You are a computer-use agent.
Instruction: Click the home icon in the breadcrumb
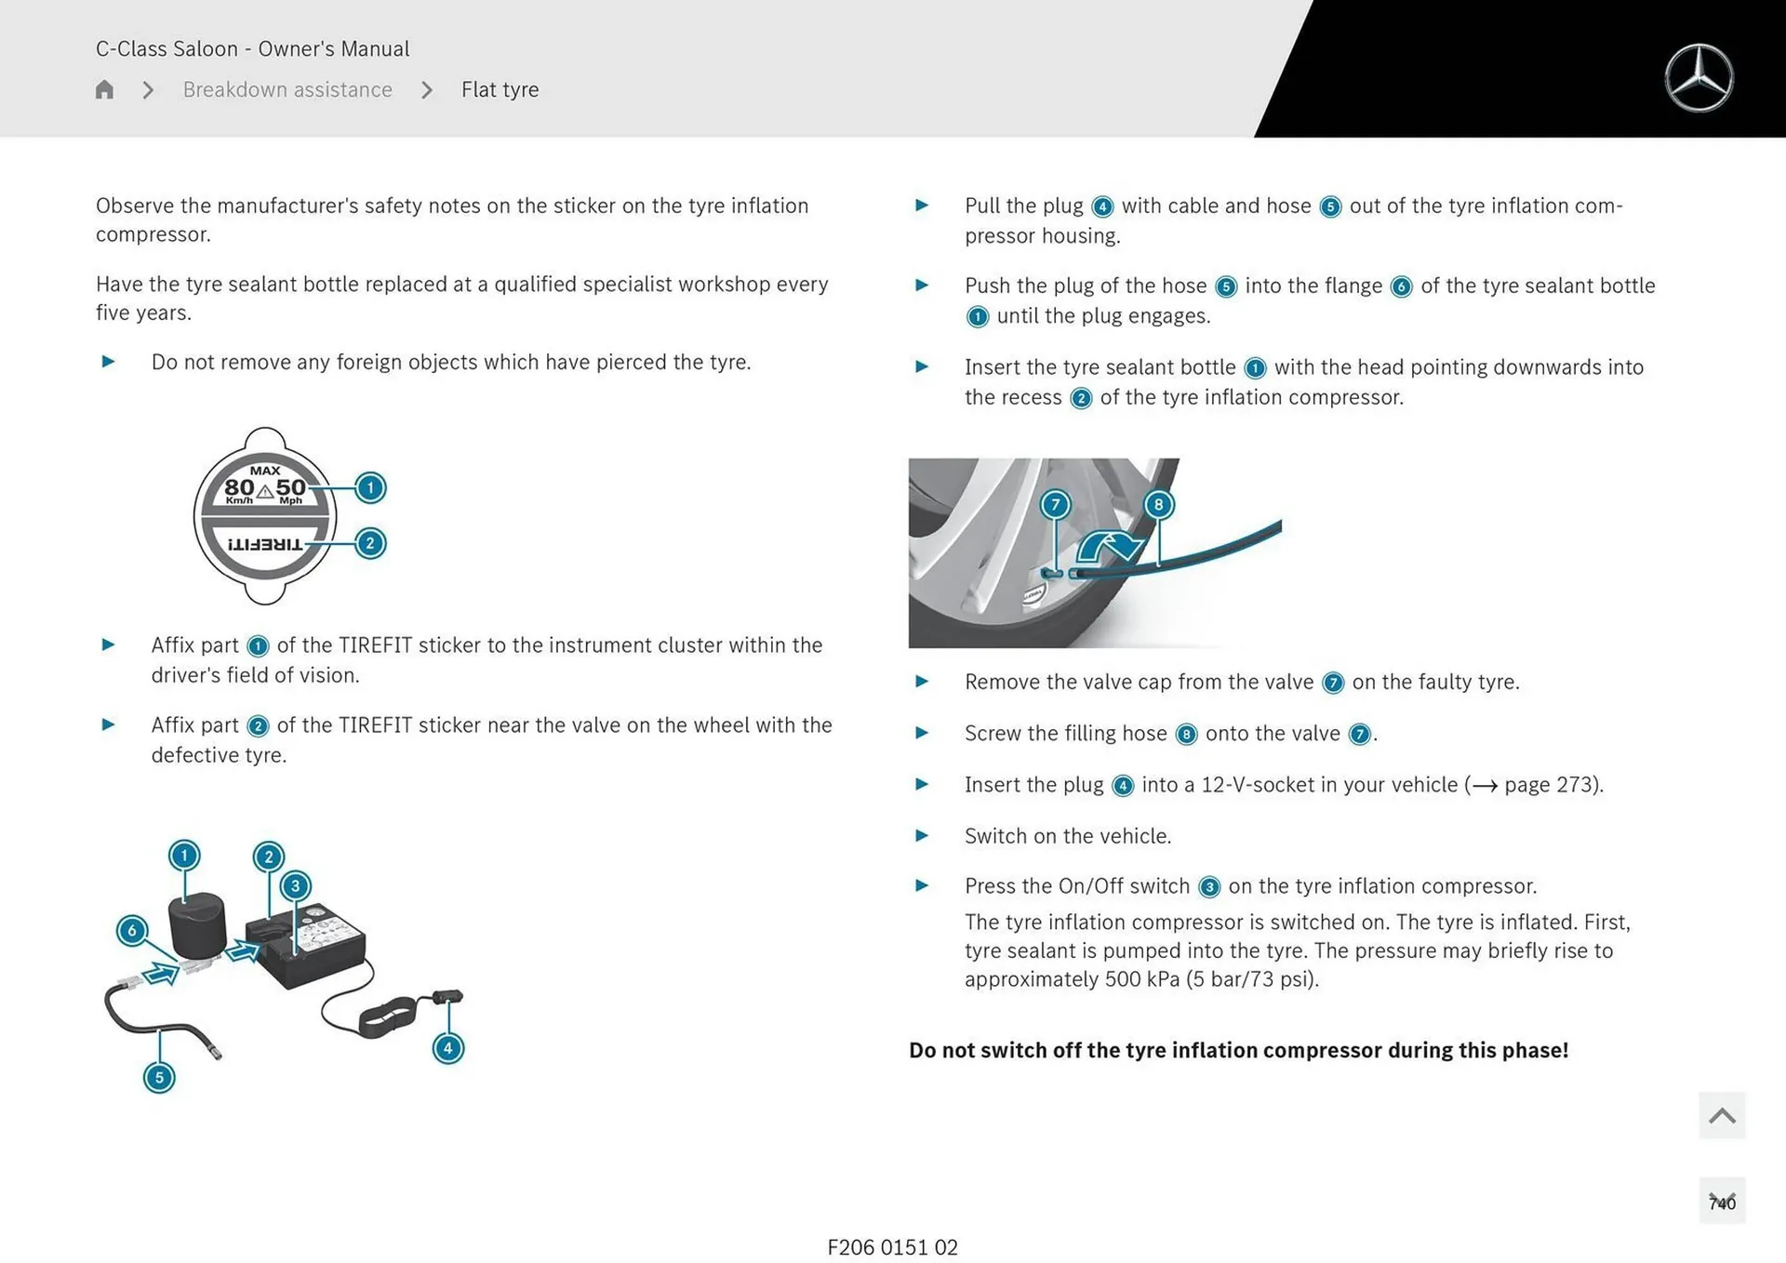[x=104, y=89]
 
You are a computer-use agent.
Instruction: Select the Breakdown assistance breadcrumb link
[x=287, y=89]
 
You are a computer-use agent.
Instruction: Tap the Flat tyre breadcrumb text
[x=500, y=89]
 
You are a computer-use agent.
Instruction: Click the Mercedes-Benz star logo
[x=1699, y=78]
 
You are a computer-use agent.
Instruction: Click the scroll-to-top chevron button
[x=1721, y=1115]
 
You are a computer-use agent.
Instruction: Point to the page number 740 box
[x=1722, y=1202]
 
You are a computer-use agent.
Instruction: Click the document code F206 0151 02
[x=892, y=1247]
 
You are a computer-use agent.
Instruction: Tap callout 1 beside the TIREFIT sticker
[x=370, y=487]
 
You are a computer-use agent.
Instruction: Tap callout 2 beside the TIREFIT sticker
[x=370, y=543]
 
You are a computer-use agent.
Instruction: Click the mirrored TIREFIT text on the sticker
[x=265, y=544]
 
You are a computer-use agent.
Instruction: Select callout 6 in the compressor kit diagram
[x=132, y=930]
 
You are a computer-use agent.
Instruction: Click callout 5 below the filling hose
[x=159, y=1078]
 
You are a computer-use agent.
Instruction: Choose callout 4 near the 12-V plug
[x=448, y=1048]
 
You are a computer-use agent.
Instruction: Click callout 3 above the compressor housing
[x=295, y=885]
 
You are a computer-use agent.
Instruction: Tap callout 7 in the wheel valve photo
[x=1055, y=505]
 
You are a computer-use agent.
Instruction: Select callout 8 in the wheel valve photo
[x=1158, y=505]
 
